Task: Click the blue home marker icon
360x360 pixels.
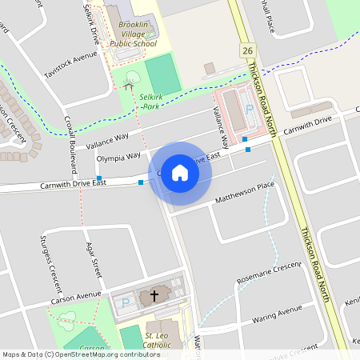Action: coord(180,173)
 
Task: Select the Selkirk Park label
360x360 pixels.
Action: coord(152,100)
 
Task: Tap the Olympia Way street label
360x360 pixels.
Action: coord(118,158)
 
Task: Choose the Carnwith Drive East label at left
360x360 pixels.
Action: coord(74,185)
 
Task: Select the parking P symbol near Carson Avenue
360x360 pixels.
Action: coord(126,302)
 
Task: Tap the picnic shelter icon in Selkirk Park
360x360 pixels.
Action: coord(129,84)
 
